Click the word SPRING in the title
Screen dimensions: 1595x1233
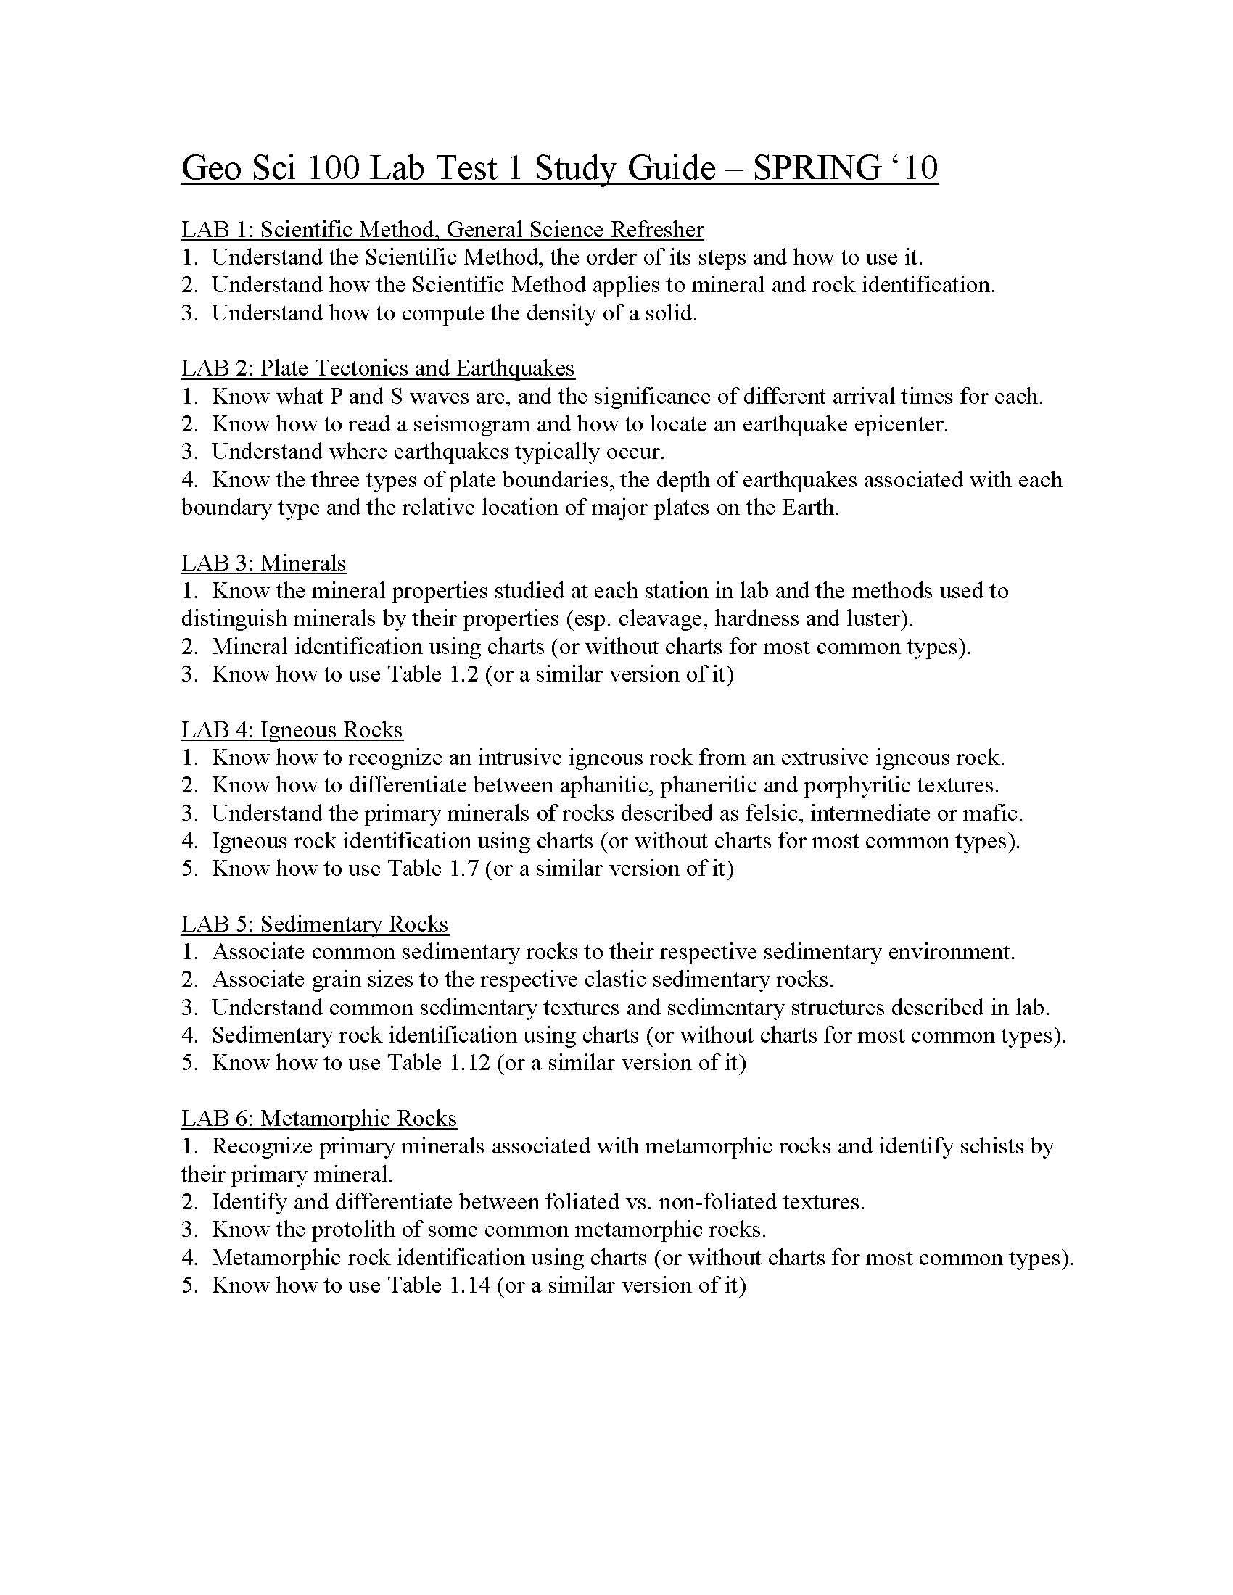[x=817, y=169]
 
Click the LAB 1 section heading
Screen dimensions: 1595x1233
[x=442, y=229]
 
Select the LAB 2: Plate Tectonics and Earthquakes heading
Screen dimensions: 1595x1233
[x=378, y=368]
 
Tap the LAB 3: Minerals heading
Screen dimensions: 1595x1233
[x=263, y=563]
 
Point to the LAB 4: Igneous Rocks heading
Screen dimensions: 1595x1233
[x=292, y=729]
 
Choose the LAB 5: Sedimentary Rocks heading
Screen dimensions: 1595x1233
[x=314, y=924]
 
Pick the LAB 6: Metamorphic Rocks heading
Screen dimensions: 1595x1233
[x=318, y=1118]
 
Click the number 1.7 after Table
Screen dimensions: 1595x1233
[x=461, y=869]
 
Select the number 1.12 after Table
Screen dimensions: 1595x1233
[x=469, y=1063]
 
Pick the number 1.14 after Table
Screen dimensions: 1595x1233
[x=469, y=1285]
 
